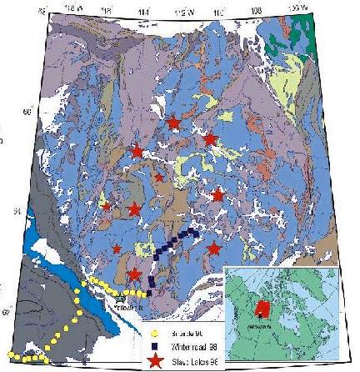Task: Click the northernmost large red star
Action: click(x=172, y=123)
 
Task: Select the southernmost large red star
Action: click(x=135, y=274)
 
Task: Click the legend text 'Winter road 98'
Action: click(x=187, y=348)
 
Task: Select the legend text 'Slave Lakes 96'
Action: click(x=188, y=362)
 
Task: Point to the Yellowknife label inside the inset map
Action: click(x=256, y=328)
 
